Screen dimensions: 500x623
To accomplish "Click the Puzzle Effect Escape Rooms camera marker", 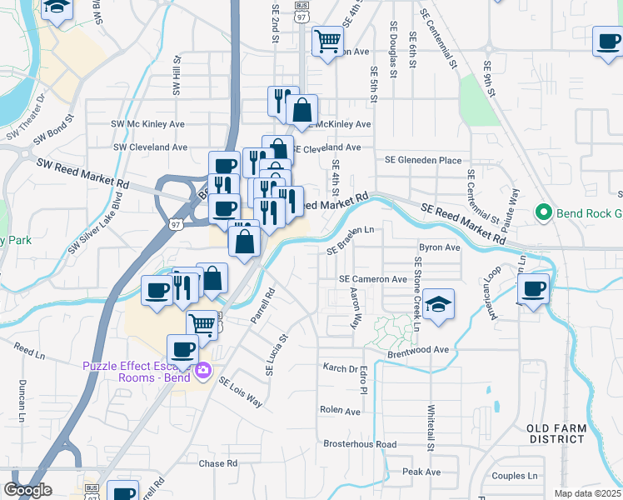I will pos(203,371).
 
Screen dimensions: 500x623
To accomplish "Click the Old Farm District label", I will pos(556,433).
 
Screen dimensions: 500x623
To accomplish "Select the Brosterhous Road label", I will pos(360,444).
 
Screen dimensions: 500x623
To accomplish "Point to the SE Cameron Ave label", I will pos(372,279).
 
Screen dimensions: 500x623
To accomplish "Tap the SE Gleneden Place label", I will pos(422,160).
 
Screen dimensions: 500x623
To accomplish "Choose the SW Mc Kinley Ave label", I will pos(148,124).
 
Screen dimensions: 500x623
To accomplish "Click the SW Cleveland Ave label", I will pos(150,147).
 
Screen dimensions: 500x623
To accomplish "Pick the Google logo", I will pos(27,490).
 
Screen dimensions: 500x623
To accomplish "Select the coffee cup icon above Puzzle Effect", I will pos(182,348).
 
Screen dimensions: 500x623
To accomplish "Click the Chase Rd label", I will pos(218,462).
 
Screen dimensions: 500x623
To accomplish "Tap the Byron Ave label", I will pos(440,247).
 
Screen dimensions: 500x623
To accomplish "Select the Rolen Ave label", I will pos(340,411).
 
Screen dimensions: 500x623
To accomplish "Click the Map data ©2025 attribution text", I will pos(588,493).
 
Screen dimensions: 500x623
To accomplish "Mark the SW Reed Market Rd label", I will pos(82,173).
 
